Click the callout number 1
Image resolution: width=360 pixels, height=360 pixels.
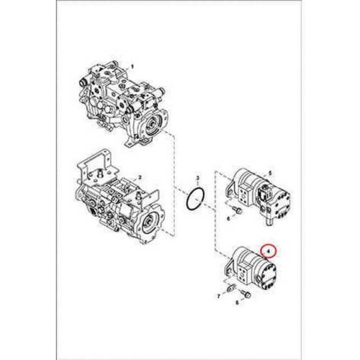(131, 66)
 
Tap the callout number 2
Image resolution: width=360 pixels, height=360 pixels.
(140, 178)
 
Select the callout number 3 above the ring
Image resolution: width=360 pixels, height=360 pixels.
(198, 178)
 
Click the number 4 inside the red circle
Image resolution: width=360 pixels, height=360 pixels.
(269, 251)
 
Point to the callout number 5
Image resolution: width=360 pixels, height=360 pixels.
(270, 173)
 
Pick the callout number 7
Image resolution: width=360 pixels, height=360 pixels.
(218, 297)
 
